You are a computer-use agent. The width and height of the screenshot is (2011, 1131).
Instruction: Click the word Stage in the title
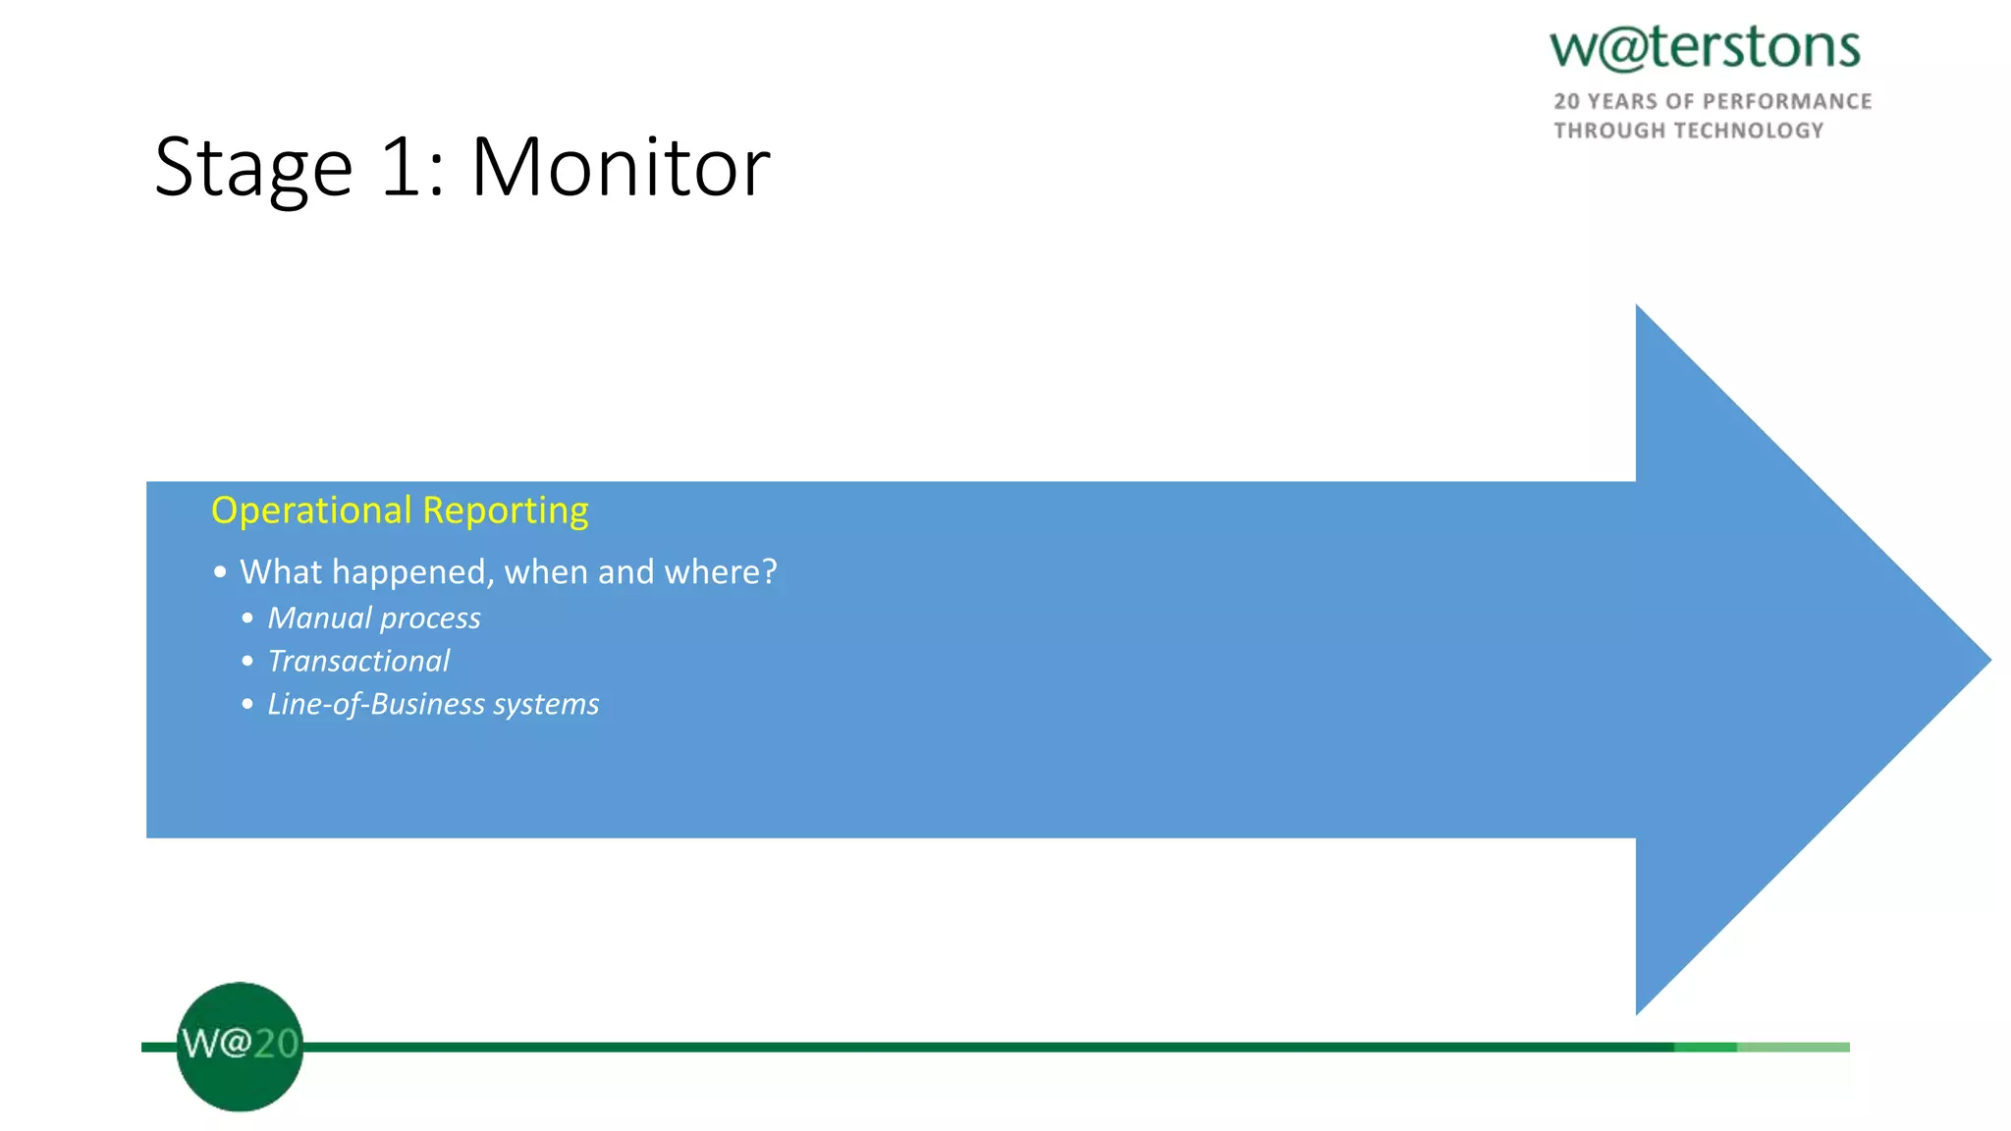[x=253, y=169]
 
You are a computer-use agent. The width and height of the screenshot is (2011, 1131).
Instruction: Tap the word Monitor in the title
[x=621, y=167]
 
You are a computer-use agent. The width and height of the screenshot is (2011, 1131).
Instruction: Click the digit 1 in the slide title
[x=401, y=167]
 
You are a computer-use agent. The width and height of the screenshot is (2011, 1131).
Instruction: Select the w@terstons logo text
[x=1705, y=47]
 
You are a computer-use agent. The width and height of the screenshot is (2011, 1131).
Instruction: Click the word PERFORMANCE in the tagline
[x=1787, y=101]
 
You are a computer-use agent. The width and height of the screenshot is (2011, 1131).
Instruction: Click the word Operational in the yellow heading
[x=311, y=511]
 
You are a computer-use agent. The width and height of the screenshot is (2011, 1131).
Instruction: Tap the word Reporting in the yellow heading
[x=505, y=512]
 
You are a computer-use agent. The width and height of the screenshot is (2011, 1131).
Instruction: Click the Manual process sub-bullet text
[x=374, y=619]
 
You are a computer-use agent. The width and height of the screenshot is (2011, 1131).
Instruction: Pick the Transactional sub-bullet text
[x=358, y=662]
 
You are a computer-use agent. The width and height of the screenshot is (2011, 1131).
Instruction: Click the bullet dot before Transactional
[x=247, y=662]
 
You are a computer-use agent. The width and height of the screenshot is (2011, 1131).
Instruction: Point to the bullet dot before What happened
[x=220, y=572]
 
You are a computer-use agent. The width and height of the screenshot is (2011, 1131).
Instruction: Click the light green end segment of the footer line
[x=1793, y=1048]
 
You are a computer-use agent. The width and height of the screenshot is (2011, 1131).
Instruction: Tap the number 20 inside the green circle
[x=276, y=1043]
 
